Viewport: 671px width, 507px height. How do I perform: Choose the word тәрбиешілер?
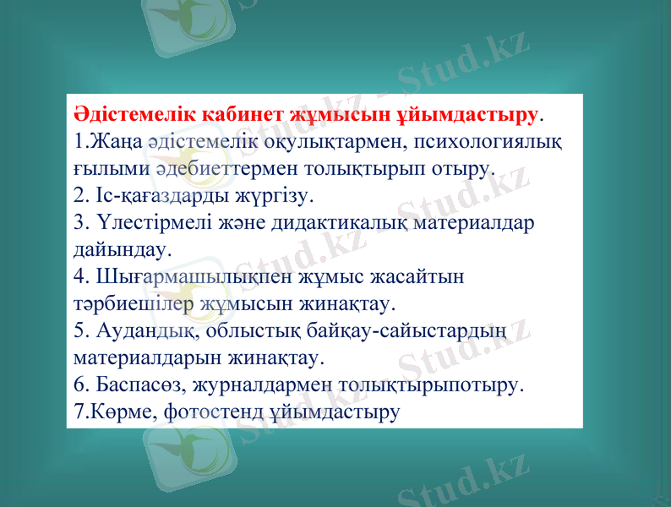coord(134,303)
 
